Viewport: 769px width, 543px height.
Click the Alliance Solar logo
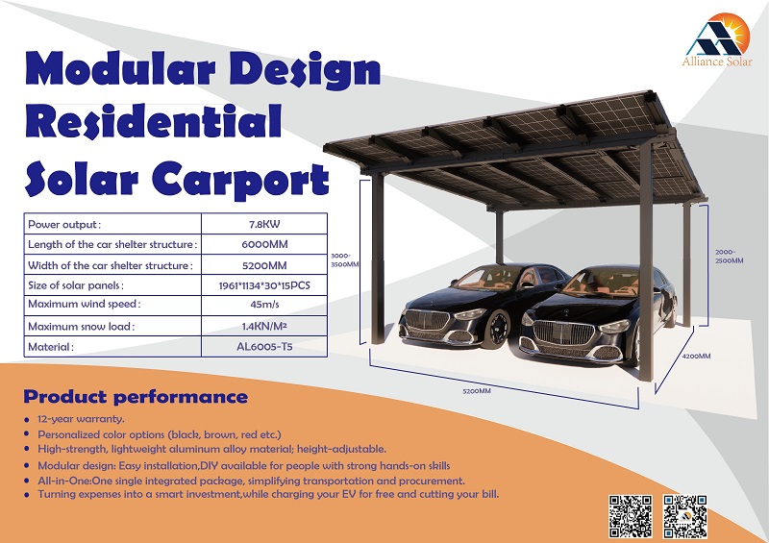click(x=717, y=40)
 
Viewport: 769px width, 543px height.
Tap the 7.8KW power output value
click(x=264, y=224)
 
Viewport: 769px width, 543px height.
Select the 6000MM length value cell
click(x=264, y=244)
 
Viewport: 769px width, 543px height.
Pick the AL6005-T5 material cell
click(x=264, y=346)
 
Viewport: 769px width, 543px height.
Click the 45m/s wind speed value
click(x=264, y=304)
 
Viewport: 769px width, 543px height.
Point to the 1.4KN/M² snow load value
click(x=264, y=326)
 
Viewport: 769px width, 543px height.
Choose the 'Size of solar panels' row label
click(x=76, y=285)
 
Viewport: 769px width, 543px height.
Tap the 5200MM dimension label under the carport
click(x=477, y=391)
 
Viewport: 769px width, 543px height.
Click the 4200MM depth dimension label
click(x=696, y=357)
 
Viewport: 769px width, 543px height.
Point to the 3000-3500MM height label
click(x=344, y=260)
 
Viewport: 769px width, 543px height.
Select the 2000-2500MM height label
click(x=729, y=257)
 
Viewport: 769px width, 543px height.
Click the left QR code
click(x=631, y=516)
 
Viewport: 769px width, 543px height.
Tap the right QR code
click(x=685, y=516)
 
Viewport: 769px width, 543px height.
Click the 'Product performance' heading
click(x=136, y=396)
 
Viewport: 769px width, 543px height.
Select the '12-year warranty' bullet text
click(x=81, y=419)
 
